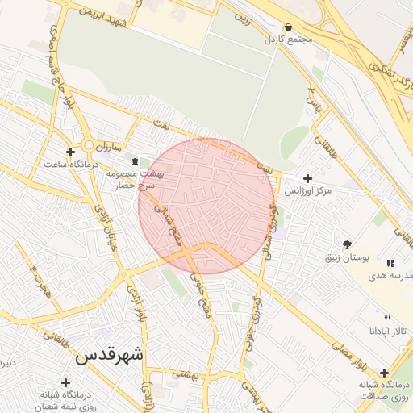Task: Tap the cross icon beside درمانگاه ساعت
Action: (x=70, y=152)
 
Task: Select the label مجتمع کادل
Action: (x=282, y=39)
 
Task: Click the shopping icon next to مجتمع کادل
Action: (x=289, y=26)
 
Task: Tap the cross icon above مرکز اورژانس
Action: (x=307, y=178)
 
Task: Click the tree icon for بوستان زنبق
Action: (x=347, y=244)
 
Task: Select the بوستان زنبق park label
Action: (x=347, y=258)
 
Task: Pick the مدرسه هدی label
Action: (x=390, y=275)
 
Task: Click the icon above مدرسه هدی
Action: (x=390, y=263)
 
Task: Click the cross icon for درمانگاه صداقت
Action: (x=384, y=373)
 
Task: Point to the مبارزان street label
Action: (x=103, y=148)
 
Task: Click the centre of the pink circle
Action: (x=206, y=206)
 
